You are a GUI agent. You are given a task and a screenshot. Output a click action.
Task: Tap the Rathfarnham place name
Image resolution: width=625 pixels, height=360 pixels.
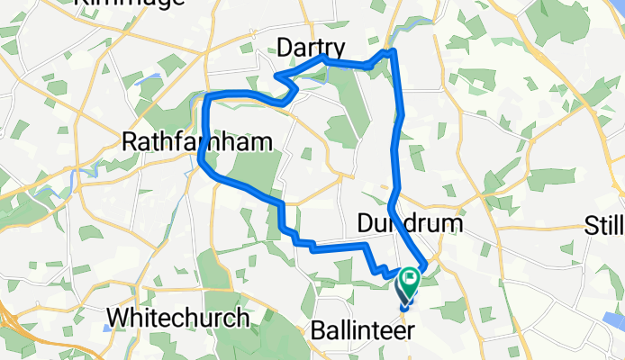pyautogui.click(x=184, y=141)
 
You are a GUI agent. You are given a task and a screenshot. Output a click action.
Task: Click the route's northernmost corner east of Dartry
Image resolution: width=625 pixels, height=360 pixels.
pyautogui.click(x=391, y=51)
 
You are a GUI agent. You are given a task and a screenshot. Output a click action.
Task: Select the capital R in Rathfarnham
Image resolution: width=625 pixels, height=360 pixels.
pyautogui.click(x=128, y=141)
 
